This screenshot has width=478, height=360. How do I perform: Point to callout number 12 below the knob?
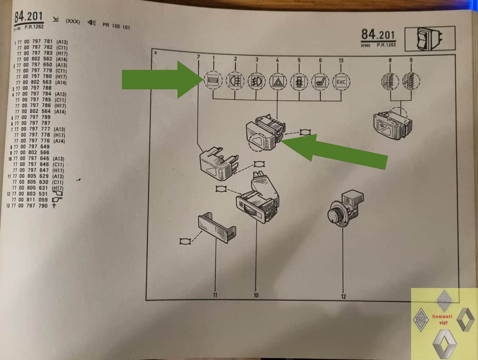(343, 296)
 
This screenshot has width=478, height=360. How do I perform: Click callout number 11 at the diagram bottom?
(215, 295)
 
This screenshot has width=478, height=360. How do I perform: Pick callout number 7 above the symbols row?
(198, 57)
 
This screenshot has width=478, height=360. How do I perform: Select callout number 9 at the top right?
(411, 60)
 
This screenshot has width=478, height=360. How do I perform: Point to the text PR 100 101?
(116, 26)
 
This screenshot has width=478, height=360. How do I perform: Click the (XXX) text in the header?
(72, 21)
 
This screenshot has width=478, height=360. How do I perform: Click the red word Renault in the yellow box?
(442, 316)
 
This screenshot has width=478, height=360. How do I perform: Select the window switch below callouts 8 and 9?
(391, 125)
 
